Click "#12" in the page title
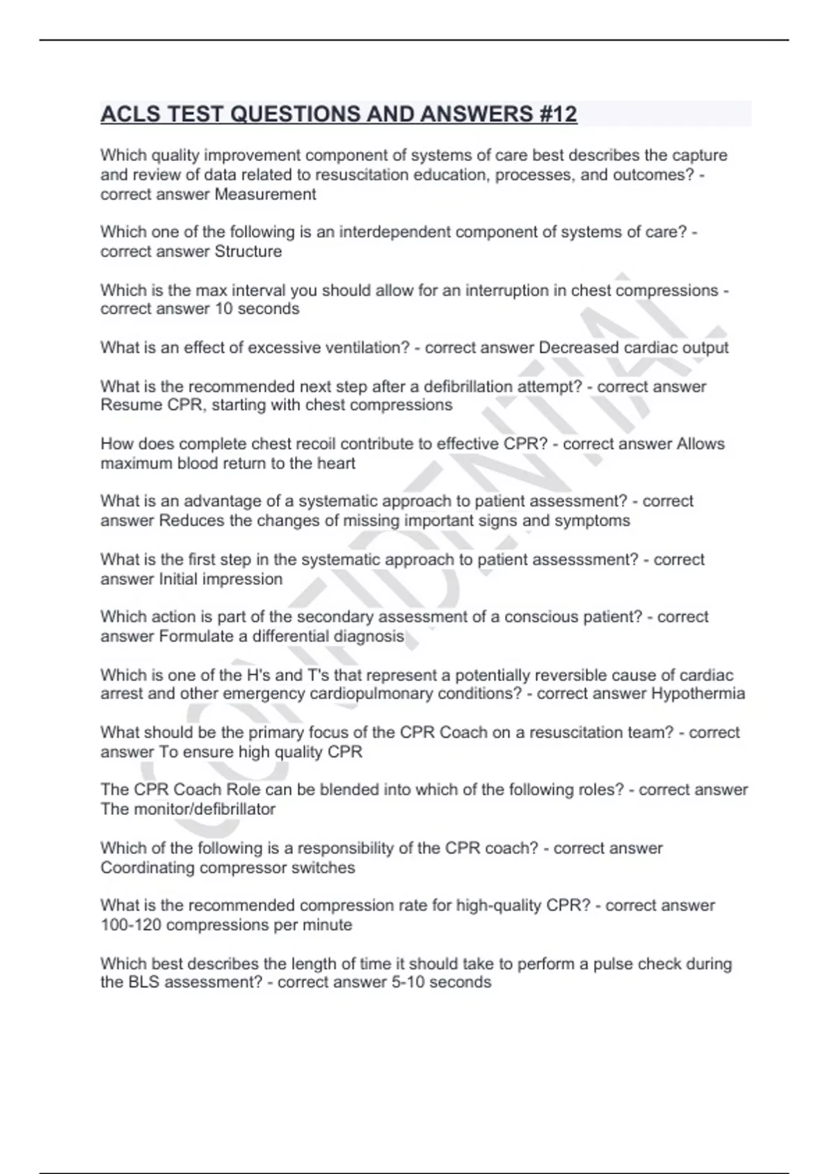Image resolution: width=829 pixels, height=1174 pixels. click(x=556, y=114)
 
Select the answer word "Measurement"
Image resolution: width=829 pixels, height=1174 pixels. click(x=265, y=195)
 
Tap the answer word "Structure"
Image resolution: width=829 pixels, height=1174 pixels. click(x=248, y=251)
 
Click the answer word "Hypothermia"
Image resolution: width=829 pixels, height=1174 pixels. click(x=698, y=693)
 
